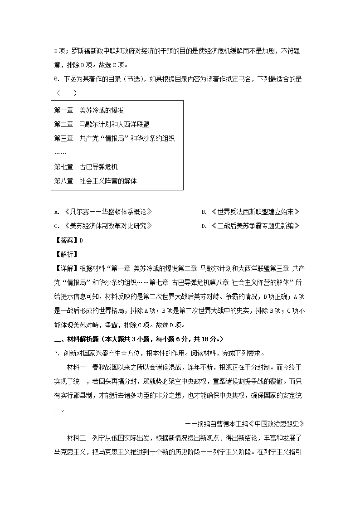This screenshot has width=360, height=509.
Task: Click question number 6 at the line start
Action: (x=56, y=79)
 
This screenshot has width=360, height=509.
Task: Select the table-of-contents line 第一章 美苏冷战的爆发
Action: (x=89, y=110)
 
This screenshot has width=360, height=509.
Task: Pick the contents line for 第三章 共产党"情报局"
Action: (x=114, y=138)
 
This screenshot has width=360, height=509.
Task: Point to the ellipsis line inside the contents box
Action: (x=60, y=152)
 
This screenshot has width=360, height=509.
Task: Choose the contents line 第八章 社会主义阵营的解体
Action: (x=95, y=181)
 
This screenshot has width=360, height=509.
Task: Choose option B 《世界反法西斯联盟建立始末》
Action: (x=250, y=212)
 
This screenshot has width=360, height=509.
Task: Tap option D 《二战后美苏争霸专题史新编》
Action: (x=250, y=226)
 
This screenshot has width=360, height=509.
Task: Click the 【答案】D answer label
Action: (x=68, y=240)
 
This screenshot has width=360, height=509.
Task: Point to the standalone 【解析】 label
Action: (x=66, y=254)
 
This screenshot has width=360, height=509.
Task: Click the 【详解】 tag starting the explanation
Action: (x=66, y=268)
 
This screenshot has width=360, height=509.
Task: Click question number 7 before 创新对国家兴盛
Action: (x=56, y=353)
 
